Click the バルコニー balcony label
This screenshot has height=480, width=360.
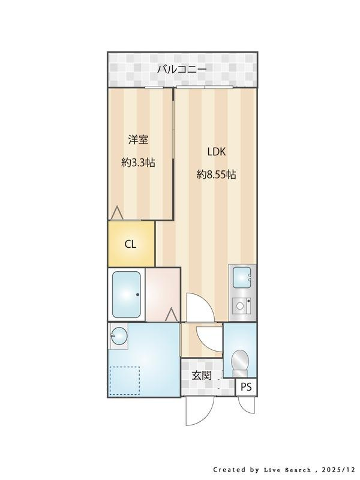point(182,69)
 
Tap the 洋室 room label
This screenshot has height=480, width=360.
point(138,140)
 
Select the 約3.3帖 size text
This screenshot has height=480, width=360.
point(138,163)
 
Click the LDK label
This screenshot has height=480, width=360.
point(217,152)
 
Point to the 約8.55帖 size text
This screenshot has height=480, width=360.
point(216,175)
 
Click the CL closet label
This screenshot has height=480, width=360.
point(130,244)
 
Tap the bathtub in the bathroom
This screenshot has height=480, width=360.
point(127,295)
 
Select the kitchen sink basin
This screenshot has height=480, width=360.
point(242,278)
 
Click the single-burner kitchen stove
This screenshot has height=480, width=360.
point(241,305)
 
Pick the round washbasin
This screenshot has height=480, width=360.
point(119,336)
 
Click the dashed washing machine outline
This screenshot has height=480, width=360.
point(125,380)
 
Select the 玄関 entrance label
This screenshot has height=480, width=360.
point(202,376)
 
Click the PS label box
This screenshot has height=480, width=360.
point(246,387)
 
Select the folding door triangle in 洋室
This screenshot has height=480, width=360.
point(116,213)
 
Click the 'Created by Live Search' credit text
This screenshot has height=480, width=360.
point(262,470)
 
